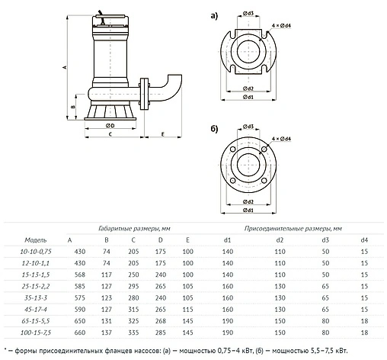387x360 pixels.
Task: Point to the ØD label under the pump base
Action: [x=110, y=125]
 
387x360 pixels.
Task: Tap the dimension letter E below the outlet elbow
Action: [x=162, y=133]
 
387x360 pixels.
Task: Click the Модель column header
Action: [x=35, y=239]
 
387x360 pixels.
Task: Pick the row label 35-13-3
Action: [x=36, y=297]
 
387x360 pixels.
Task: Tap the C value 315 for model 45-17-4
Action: [x=133, y=308]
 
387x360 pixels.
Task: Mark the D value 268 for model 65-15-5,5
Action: [x=158, y=320]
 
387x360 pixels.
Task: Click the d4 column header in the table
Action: [x=364, y=239]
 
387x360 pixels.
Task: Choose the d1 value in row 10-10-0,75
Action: [x=227, y=251]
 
